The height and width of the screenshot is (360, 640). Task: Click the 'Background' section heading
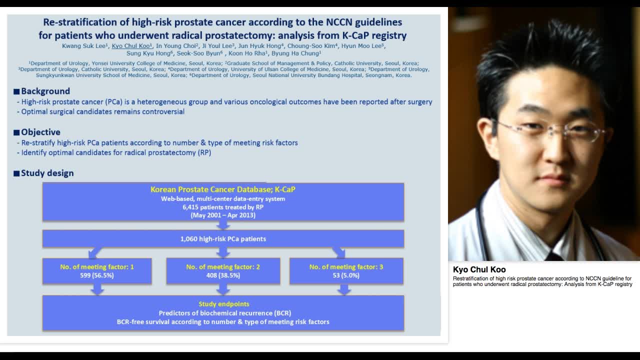tap(45, 91)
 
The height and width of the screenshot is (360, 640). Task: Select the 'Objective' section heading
tap(40, 132)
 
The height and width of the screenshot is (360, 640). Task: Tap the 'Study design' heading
tap(47, 173)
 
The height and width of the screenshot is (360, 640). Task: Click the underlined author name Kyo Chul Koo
tap(131, 46)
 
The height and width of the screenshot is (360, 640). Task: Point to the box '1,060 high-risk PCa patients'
tap(223, 239)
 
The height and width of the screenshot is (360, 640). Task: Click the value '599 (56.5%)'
tap(97, 275)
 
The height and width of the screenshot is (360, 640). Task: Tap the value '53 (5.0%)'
tap(346, 275)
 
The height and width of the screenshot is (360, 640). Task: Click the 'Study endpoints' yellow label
tap(223, 304)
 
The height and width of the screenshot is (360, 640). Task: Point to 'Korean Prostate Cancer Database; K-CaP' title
tap(223, 190)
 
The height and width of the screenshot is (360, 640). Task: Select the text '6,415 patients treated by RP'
tap(223, 207)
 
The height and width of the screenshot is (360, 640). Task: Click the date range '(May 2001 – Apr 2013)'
tap(223, 215)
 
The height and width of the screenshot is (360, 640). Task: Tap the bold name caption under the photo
tap(479, 269)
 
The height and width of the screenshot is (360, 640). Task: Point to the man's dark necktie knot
tap(554, 256)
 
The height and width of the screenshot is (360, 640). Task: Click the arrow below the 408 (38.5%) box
tap(223, 289)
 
